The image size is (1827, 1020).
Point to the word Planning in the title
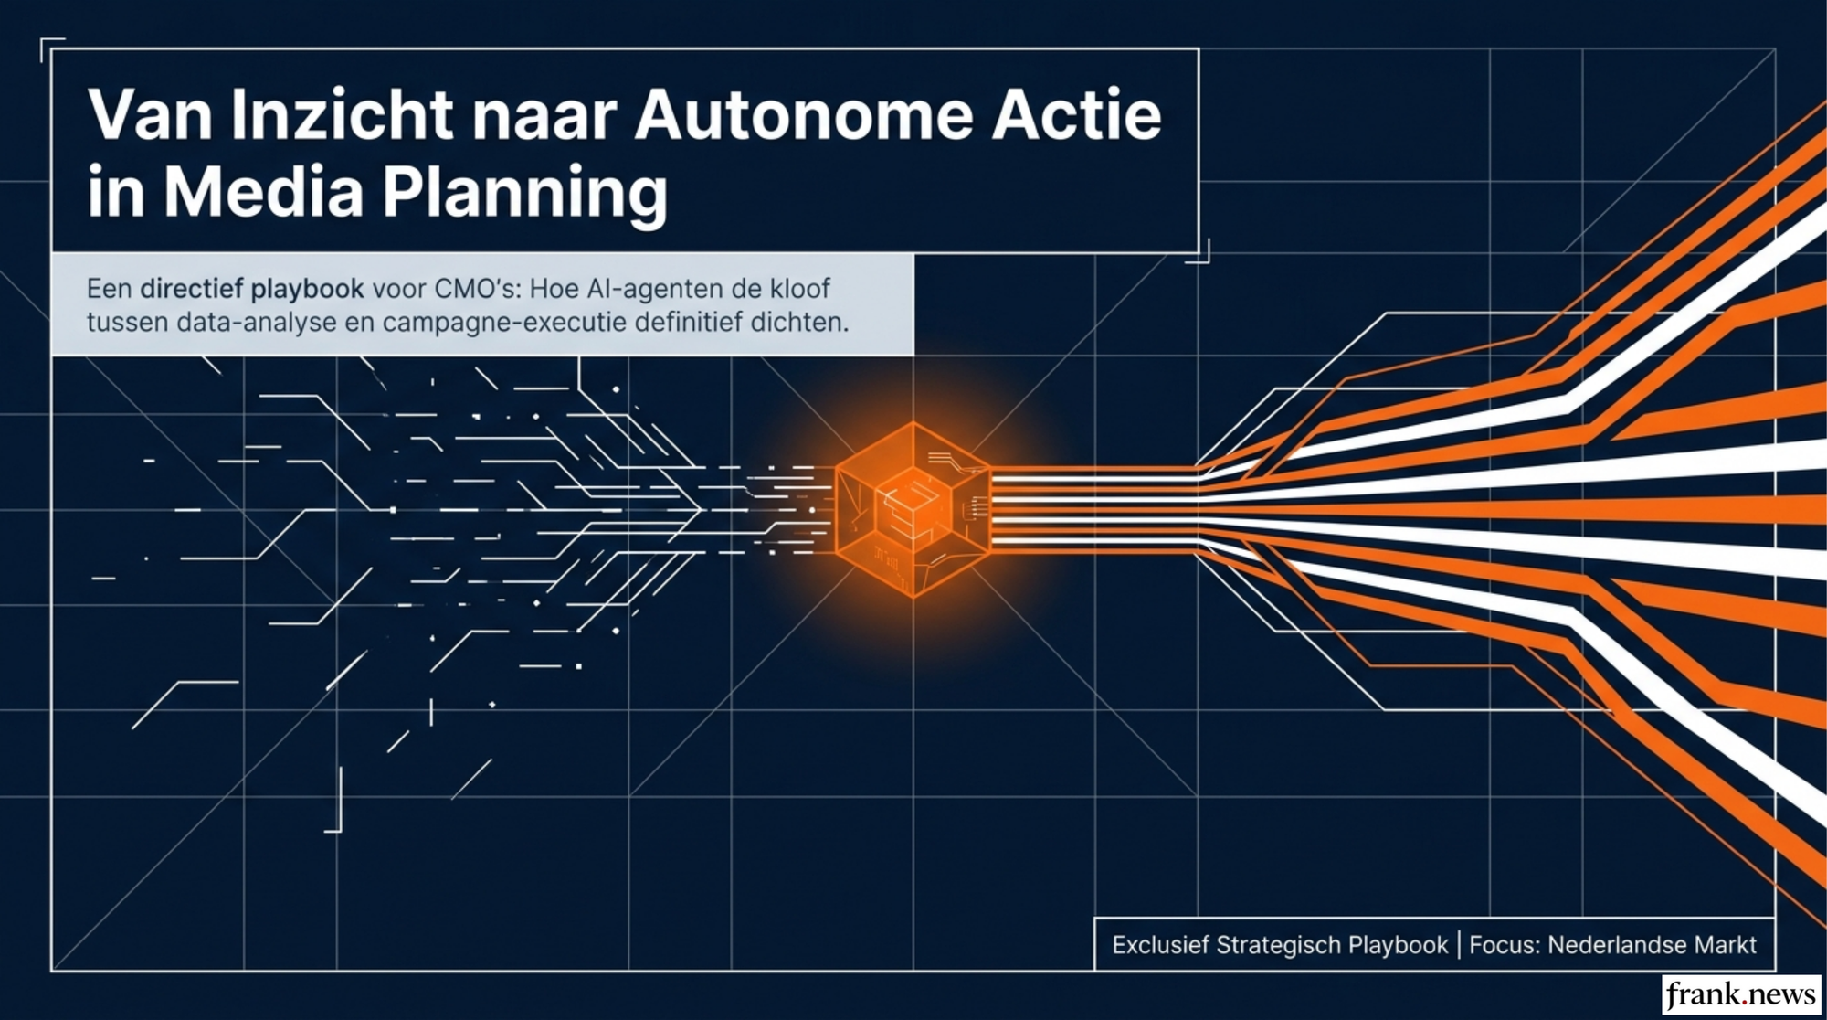pyautogui.click(x=524, y=194)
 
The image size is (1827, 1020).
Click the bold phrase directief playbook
pyautogui.click(x=252, y=289)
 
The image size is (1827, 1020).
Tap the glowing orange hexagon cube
pyautogui.click(x=913, y=509)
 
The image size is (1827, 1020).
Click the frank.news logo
pyautogui.click(x=1740, y=994)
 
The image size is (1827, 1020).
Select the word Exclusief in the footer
pyautogui.click(x=1160, y=945)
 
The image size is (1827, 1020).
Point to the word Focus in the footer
pyautogui.click(x=1504, y=945)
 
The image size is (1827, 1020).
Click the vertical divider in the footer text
pyautogui.click(x=1459, y=945)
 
